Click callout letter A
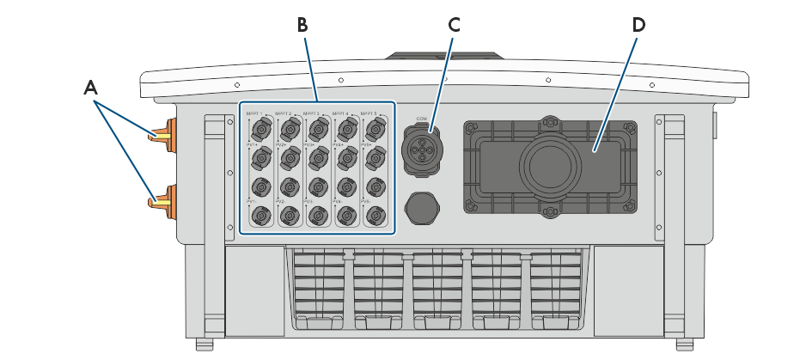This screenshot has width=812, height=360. pos(90,87)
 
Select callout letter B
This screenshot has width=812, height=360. pos(302,24)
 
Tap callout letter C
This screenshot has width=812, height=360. pos(454,24)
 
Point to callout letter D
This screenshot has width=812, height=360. pos(638,24)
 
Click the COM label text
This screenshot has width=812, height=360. pos(422,118)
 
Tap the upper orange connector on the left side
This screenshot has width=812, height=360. pos(162,135)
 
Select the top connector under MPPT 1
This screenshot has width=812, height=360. pos(260,131)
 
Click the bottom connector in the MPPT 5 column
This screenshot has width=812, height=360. pos(375,215)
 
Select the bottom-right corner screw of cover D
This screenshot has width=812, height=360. pos(630,206)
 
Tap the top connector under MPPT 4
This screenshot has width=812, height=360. pos(346,131)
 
